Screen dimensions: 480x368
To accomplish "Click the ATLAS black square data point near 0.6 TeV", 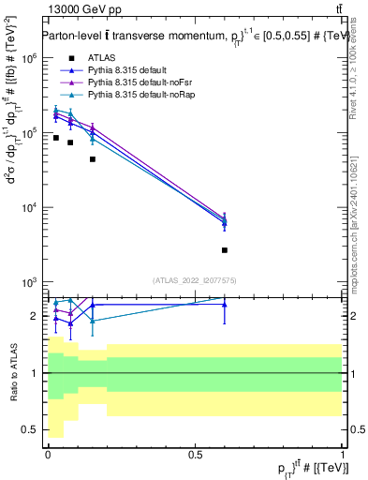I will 225,250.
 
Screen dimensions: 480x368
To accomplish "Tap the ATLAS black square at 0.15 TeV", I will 92,159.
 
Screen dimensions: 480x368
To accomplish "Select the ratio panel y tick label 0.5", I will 30,430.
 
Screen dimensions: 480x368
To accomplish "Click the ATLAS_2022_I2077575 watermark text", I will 195,280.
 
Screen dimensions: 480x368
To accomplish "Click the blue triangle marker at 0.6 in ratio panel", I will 225,304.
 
